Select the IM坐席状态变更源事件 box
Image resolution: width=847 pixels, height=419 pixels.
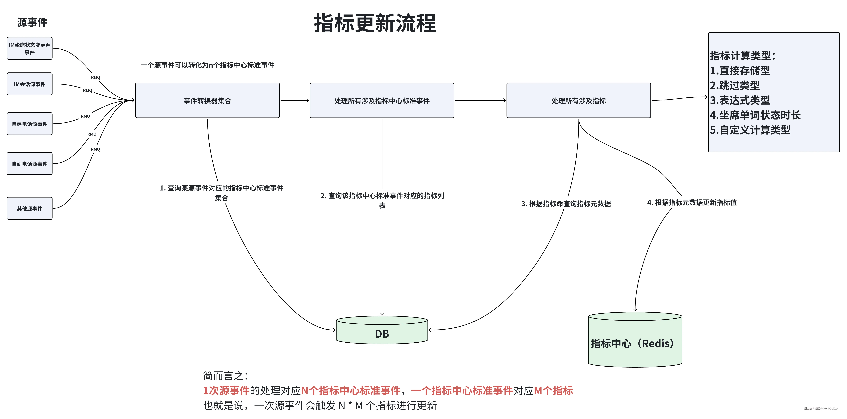pyautogui.click(x=30, y=48)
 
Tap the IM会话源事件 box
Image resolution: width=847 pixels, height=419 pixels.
pyautogui.click(x=30, y=84)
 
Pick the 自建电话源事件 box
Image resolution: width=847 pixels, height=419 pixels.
pyautogui.click(x=30, y=124)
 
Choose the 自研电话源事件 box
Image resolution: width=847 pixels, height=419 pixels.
pyautogui.click(x=30, y=164)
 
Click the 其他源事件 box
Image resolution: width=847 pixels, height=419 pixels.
pyautogui.click(x=30, y=208)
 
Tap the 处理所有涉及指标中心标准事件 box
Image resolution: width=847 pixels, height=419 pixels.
pyautogui.click(x=382, y=100)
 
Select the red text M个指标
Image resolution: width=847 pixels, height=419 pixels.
pyautogui.click(x=553, y=391)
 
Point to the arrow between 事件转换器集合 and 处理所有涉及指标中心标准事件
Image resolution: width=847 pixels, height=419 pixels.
pyautogui.click(x=295, y=100)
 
